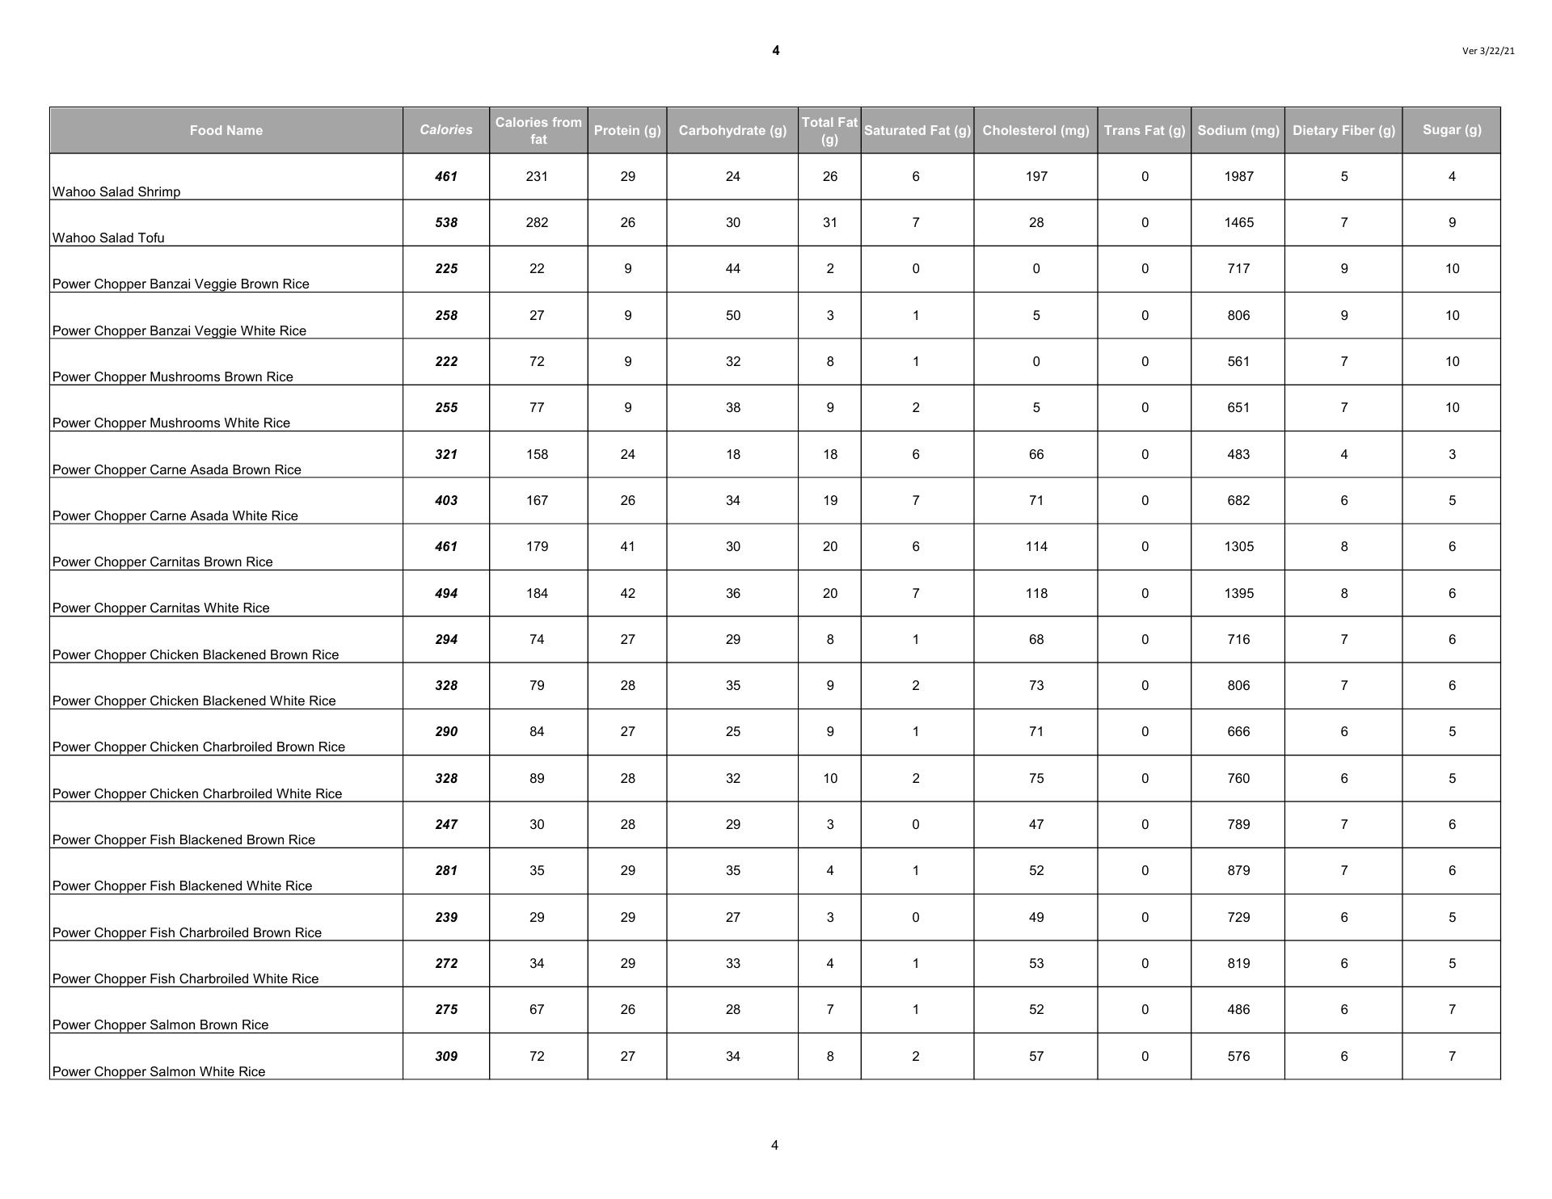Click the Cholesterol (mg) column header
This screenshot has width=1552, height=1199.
(1035, 130)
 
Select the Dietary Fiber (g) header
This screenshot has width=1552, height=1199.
(1343, 130)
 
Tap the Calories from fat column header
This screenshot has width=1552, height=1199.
(538, 130)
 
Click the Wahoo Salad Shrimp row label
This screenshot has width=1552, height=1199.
(116, 191)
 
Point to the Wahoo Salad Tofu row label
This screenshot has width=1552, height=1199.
(108, 238)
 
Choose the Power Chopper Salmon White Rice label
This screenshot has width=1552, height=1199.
(158, 1071)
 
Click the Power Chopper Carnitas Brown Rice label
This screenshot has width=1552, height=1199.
(162, 562)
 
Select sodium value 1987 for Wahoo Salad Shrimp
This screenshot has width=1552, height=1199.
(1238, 176)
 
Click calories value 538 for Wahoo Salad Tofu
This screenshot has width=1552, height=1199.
(446, 222)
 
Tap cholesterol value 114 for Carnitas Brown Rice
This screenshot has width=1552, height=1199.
(1036, 546)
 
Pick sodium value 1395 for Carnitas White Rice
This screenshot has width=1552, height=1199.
(1238, 593)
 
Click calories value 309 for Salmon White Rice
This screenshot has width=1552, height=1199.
(446, 1056)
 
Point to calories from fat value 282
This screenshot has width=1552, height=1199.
(537, 222)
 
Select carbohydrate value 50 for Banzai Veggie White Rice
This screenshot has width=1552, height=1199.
(732, 315)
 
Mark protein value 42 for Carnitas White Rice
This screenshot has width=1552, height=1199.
(627, 593)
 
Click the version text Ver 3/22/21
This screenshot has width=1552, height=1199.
(1488, 51)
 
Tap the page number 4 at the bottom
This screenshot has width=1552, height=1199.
(774, 1145)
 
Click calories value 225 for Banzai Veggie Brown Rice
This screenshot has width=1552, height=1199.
(446, 268)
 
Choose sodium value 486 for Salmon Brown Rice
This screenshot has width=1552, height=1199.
(1238, 1009)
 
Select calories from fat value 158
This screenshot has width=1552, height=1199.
(537, 454)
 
